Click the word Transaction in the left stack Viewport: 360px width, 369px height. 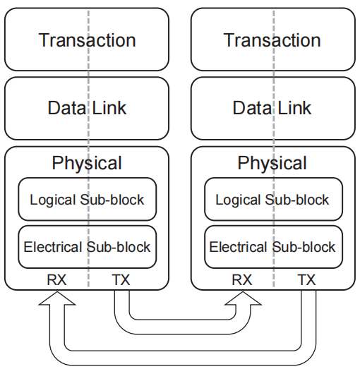[x=87, y=40]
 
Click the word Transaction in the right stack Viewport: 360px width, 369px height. [x=272, y=40]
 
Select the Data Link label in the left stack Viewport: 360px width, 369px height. [x=87, y=108]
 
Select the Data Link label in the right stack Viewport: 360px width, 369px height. [x=272, y=108]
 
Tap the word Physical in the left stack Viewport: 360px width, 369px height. [x=87, y=163]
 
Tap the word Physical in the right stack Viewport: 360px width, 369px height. [x=272, y=163]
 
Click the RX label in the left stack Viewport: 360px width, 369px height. [x=56, y=280]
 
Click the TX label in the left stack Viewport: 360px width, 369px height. [x=121, y=280]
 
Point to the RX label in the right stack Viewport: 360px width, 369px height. [x=242, y=280]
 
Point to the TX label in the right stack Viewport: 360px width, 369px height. [x=306, y=280]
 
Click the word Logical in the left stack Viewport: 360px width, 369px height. [x=53, y=200]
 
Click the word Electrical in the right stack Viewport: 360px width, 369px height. [x=239, y=247]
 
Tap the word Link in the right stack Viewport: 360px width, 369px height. [x=294, y=108]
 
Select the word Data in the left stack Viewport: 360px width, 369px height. [x=67, y=108]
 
